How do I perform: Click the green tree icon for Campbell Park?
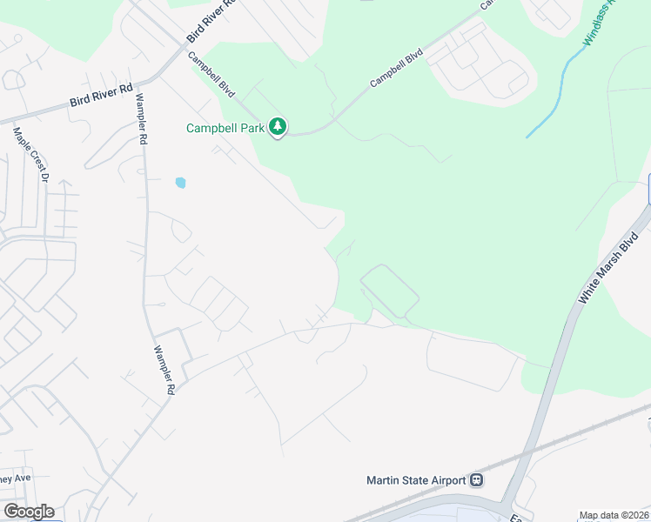coord(278,128)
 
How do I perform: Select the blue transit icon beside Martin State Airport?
coord(476,480)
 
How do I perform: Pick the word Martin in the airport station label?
coord(384,480)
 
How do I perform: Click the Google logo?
coord(28,512)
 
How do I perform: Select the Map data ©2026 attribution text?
coord(614,515)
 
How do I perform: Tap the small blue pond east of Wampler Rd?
coord(180,183)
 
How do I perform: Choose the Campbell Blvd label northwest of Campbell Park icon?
coord(211,73)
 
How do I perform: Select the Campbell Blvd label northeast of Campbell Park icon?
coord(396,66)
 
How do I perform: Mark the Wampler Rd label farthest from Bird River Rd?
coord(162,371)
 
